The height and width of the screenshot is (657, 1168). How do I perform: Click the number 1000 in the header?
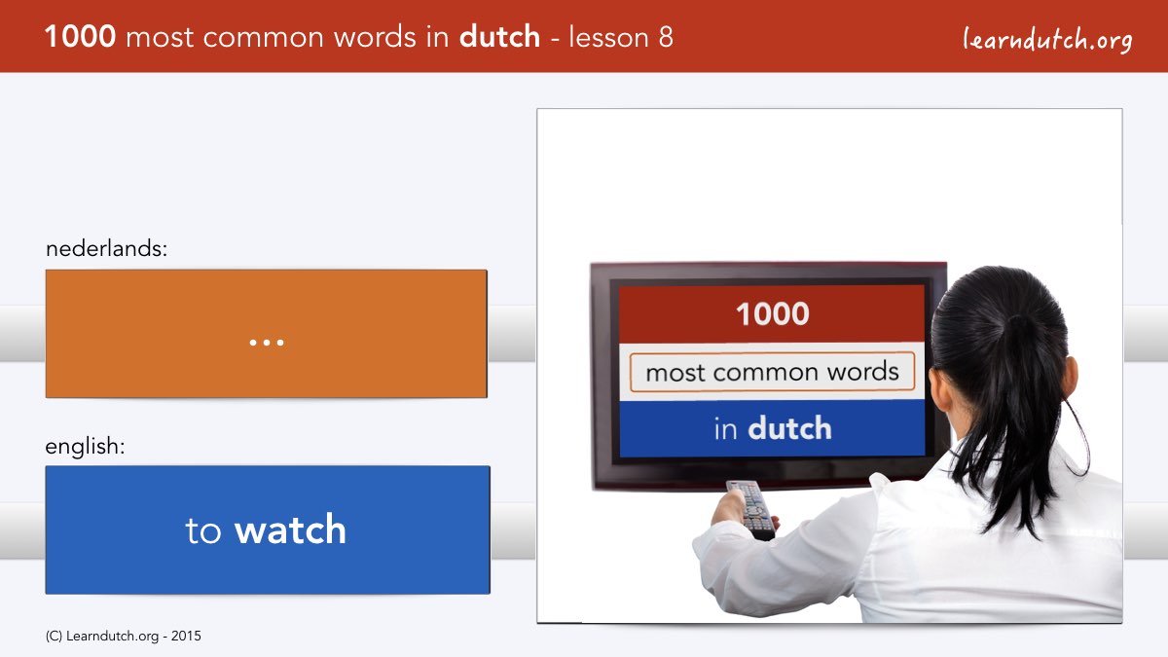[x=80, y=37]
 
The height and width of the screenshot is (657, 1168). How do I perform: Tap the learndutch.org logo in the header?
[x=1047, y=40]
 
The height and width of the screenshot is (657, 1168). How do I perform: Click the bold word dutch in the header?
[x=499, y=37]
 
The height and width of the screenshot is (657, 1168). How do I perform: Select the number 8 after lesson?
[x=666, y=37]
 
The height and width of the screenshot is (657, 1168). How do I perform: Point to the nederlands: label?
[x=106, y=248]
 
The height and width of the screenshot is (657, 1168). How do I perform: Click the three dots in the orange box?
[x=267, y=343]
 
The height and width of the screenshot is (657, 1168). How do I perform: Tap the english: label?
[x=85, y=447]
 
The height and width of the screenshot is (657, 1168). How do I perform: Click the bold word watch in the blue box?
[x=290, y=529]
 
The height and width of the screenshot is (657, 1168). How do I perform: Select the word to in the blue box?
[x=203, y=530]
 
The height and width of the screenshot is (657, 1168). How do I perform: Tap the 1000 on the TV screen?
[x=772, y=313]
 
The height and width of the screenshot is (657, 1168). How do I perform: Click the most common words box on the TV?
[x=772, y=372]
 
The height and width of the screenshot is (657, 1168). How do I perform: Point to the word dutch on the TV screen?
[x=789, y=428]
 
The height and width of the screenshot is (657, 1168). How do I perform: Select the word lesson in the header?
[x=608, y=37]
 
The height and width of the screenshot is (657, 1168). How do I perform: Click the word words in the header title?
[x=375, y=37]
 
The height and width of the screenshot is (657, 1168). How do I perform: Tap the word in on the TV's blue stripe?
[x=726, y=429]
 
